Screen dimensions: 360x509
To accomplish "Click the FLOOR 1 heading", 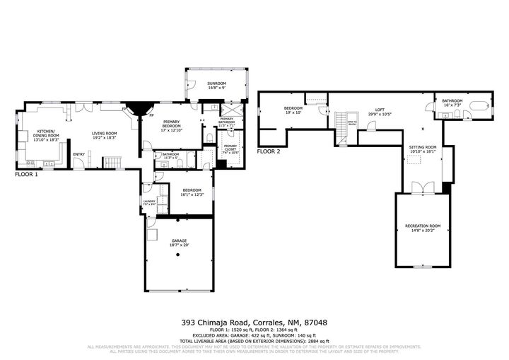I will [x=28, y=173].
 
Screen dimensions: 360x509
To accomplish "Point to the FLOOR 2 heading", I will [x=269, y=151].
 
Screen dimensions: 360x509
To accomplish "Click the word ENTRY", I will [x=79, y=155].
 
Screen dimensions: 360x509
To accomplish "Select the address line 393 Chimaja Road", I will [x=254, y=323].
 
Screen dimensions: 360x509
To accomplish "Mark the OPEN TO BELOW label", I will [x=351, y=124].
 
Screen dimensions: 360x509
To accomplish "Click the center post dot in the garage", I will [x=179, y=255].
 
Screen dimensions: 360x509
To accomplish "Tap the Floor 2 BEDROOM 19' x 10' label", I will [x=293, y=110].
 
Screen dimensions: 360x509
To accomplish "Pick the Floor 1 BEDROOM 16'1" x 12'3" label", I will [x=192, y=192].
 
